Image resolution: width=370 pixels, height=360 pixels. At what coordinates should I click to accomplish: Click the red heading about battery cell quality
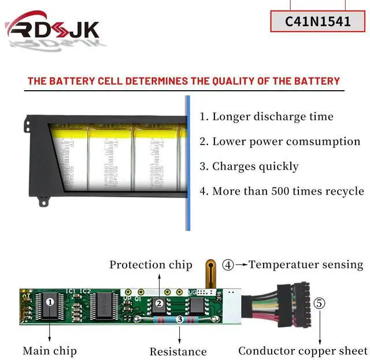184,81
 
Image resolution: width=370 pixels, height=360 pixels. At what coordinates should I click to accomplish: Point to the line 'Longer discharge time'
267,116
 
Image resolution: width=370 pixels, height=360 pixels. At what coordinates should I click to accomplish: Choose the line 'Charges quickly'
249,166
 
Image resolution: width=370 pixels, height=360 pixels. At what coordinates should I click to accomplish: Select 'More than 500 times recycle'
282,191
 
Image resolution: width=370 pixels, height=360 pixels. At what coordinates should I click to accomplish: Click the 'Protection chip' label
151,265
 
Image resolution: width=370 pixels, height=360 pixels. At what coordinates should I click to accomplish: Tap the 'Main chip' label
50,350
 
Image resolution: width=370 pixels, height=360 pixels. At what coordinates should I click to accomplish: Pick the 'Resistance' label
178,351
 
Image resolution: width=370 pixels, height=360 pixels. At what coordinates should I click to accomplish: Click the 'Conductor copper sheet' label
303,350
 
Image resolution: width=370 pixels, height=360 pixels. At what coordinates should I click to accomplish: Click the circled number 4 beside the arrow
228,265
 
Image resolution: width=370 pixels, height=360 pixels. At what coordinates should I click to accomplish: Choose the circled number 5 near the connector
319,303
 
